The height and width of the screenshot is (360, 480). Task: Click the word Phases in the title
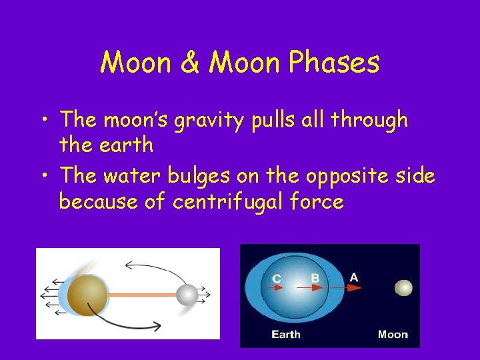click(x=335, y=63)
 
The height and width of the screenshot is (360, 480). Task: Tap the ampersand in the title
click(x=189, y=63)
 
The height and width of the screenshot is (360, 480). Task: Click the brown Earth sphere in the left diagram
click(x=87, y=294)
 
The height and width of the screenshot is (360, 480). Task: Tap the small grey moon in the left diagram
click(x=187, y=294)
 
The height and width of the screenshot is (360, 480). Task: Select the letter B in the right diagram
click(x=315, y=278)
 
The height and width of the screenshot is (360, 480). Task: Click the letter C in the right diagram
click(x=276, y=278)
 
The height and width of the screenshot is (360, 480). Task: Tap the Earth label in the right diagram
click(x=286, y=334)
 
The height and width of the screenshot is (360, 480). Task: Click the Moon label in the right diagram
click(x=393, y=334)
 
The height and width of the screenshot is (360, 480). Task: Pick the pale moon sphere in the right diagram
click(x=403, y=288)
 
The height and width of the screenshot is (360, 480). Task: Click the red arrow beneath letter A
click(x=353, y=288)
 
